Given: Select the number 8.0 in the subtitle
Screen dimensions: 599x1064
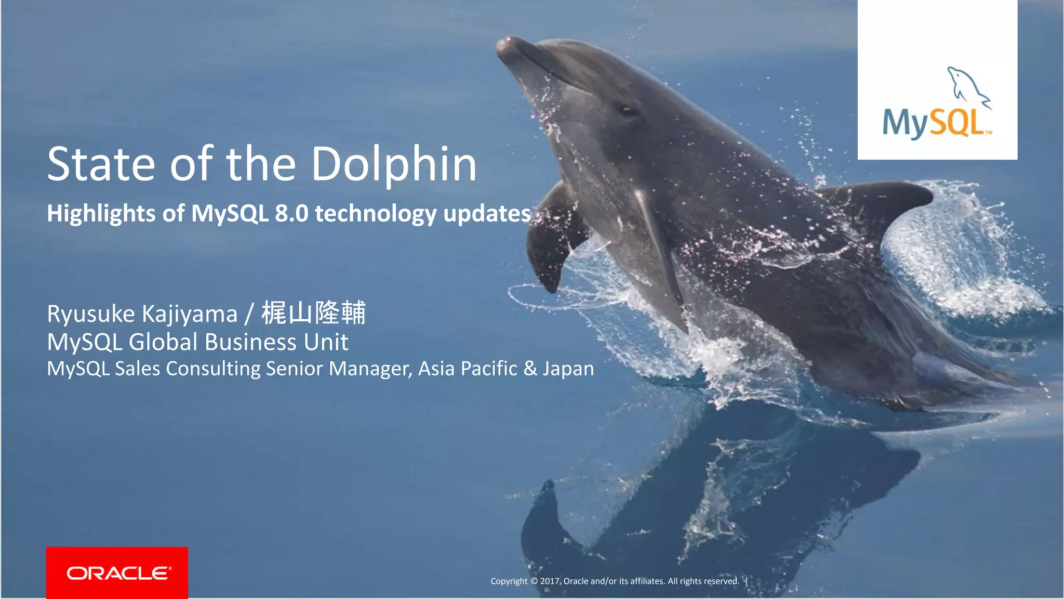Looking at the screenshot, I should click(x=291, y=213).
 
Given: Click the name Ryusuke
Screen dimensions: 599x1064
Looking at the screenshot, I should click(x=91, y=314).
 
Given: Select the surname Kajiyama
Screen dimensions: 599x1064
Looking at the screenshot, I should click(x=189, y=314).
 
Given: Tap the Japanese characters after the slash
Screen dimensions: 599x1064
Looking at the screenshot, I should click(x=314, y=313).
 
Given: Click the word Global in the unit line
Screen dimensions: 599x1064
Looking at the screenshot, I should click(x=163, y=342).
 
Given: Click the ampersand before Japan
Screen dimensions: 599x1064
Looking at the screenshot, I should click(x=530, y=369).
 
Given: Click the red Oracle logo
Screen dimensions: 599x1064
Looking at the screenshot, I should click(x=117, y=572).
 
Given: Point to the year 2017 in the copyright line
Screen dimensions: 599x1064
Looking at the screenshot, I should click(x=550, y=581).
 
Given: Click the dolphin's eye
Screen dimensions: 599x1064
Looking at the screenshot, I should click(x=627, y=110).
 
